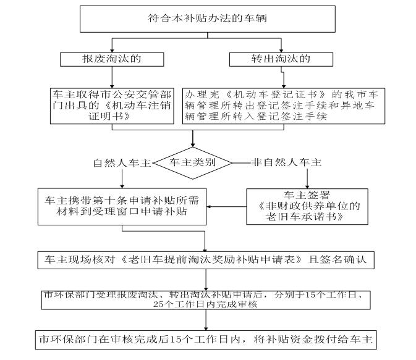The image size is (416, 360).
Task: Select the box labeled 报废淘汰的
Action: pyautogui.click(x=112, y=59)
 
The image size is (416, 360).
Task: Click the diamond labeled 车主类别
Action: pyautogui.click(x=193, y=163)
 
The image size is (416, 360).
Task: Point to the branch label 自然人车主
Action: pyautogui.click(x=122, y=163)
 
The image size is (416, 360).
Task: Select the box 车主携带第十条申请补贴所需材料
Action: pyautogui.click(x=122, y=206)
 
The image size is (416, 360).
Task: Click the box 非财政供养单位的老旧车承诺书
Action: pyautogui.click(x=307, y=206)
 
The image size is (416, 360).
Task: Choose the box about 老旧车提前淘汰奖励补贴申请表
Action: pyautogui.click(x=205, y=259)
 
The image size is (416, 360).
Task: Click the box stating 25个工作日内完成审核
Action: pyautogui.click(x=205, y=299)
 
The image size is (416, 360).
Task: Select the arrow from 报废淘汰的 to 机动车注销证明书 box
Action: pyautogui.click(x=112, y=77)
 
